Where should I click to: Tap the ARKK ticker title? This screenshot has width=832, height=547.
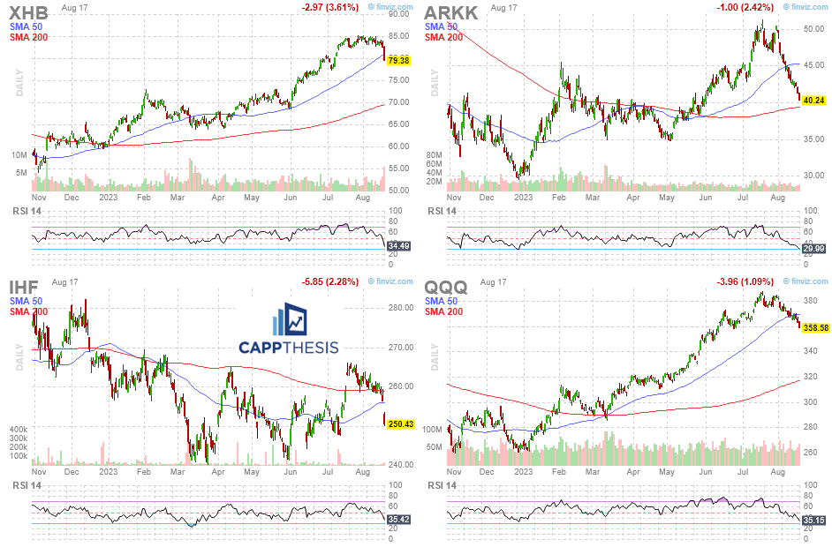click(x=452, y=12)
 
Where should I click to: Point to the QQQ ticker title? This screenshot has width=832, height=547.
click(x=447, y=286)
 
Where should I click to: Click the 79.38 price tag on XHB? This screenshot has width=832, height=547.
click(x=399, y=60)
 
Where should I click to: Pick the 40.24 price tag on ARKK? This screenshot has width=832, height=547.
click(x=813, y=101)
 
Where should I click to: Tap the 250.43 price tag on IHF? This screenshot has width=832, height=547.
click(x=401, y=424)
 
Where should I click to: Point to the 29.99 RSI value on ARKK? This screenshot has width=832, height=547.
click(x=813, y=250)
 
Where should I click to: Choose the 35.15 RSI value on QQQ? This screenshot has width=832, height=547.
click(x=813, y=521)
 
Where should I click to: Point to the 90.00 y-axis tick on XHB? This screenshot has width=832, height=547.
click(x=399, y=14)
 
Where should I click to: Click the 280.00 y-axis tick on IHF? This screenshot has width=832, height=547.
click(x=401, y=308)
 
